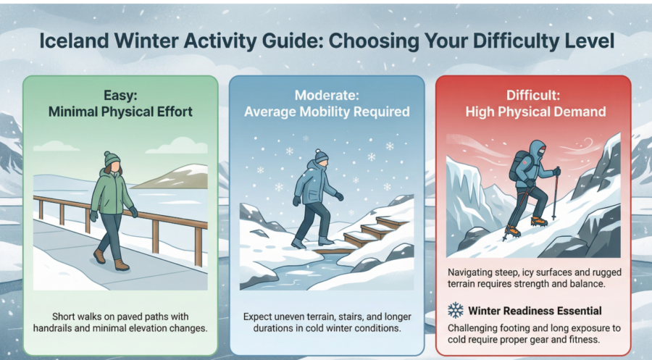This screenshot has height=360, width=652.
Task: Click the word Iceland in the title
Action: click(74, 41)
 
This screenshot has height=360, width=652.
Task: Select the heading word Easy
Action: click(120, 96)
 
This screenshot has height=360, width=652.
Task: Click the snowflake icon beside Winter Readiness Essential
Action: click(456, 311)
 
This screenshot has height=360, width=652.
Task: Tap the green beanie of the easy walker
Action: click(112, 159)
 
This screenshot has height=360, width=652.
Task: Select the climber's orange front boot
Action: click(539, 221)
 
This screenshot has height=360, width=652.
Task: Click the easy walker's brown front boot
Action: click(122, 265)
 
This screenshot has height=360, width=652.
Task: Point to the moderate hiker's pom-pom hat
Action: click(321, 156)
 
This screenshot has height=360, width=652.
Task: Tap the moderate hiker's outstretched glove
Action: click(339, 196)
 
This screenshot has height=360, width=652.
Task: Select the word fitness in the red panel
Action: click(585, 340)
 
